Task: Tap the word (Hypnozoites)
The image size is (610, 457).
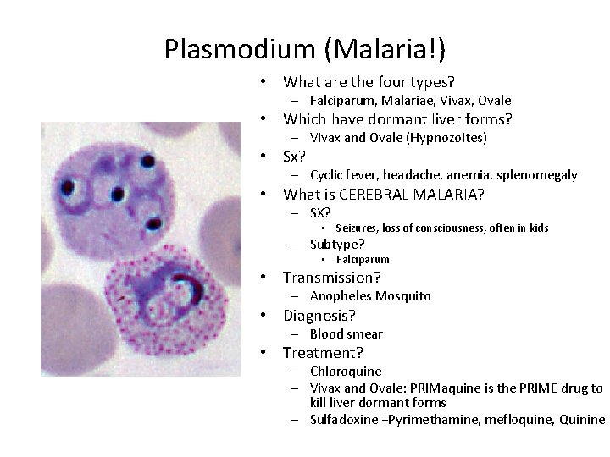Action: point(448,137)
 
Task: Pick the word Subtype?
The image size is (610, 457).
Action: point(337,244)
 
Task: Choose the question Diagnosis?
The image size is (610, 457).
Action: point(319,316)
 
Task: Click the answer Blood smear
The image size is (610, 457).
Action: point(346,334)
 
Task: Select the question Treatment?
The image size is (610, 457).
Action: point(323,353)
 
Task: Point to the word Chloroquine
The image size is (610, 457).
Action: point(346,372)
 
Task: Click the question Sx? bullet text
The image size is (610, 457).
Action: point(294,157)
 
